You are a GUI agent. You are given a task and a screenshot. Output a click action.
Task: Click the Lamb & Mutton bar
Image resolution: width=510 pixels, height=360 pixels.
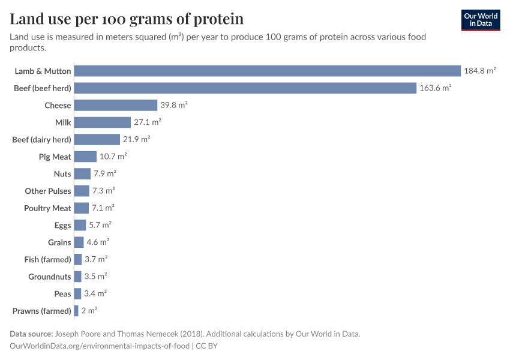tap(267, 71)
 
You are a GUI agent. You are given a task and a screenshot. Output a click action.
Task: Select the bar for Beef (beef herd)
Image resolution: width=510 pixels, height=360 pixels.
tap(245, 88)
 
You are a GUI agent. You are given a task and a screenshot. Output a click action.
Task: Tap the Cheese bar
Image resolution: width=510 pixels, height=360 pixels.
tap(115, 106)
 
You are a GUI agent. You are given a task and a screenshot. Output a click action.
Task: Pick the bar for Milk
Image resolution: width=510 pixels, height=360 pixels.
tap(102, 122)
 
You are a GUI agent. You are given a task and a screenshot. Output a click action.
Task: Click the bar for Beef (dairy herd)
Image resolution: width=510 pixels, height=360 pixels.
tap(97, 140)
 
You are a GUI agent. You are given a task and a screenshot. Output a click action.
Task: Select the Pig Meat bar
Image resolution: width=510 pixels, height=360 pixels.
tap(85, 157)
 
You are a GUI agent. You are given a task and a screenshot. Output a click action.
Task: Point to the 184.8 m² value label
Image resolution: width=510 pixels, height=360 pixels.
tap(479, 71)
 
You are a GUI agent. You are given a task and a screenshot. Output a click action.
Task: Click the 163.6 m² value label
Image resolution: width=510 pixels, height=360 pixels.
tap(435, 88)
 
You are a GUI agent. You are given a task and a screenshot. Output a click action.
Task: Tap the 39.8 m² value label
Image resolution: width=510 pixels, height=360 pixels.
tap(174, 106)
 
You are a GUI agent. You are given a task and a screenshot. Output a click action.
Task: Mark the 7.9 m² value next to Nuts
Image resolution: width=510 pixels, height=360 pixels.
tap(104, 174)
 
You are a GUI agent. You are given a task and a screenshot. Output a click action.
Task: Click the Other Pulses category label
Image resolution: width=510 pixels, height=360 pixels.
tap(48, 191)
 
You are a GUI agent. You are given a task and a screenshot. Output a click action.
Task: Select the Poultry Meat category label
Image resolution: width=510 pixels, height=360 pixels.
tap(47, 208)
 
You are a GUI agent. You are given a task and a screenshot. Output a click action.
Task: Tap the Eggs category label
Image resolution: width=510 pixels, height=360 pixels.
tap(62, 226)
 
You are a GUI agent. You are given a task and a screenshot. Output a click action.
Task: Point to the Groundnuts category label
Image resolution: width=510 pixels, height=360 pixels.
tap(50, 277)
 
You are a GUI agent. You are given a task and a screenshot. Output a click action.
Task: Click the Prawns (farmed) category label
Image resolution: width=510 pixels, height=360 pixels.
tap(41, 311)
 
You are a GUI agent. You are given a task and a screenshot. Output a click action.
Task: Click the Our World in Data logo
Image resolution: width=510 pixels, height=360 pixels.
tap(480, 19)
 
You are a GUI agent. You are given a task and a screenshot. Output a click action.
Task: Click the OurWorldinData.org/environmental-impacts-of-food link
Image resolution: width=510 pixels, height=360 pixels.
tap(100, 346)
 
